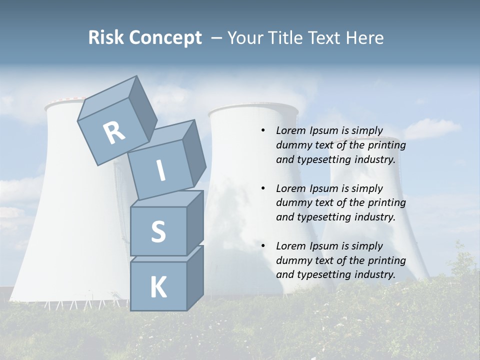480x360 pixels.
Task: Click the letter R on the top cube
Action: tap(114, 133)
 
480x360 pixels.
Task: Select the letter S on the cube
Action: tap(158, 231)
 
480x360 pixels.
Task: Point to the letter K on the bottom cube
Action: tap(158, 287)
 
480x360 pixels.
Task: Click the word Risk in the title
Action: tap(106, 37)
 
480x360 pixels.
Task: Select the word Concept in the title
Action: tap(165, 38)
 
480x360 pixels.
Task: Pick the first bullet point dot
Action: tap(263, 131)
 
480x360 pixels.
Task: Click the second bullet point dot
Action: tap(263, 188)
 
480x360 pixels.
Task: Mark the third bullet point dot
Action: tap(263, 246)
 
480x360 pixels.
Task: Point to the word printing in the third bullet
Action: tap(386, 260)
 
